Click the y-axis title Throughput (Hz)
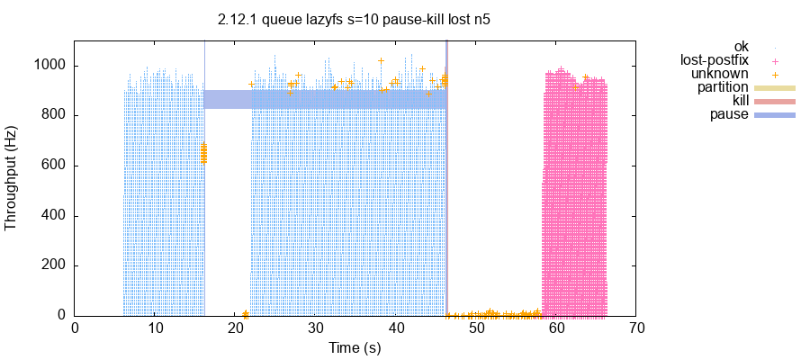pos(12,177)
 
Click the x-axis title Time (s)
pos(355,347)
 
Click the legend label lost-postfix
pos(715,60)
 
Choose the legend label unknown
pos(720,74)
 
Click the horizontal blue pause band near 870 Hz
pos(324,99)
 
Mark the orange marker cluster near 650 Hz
pos(203,153)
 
